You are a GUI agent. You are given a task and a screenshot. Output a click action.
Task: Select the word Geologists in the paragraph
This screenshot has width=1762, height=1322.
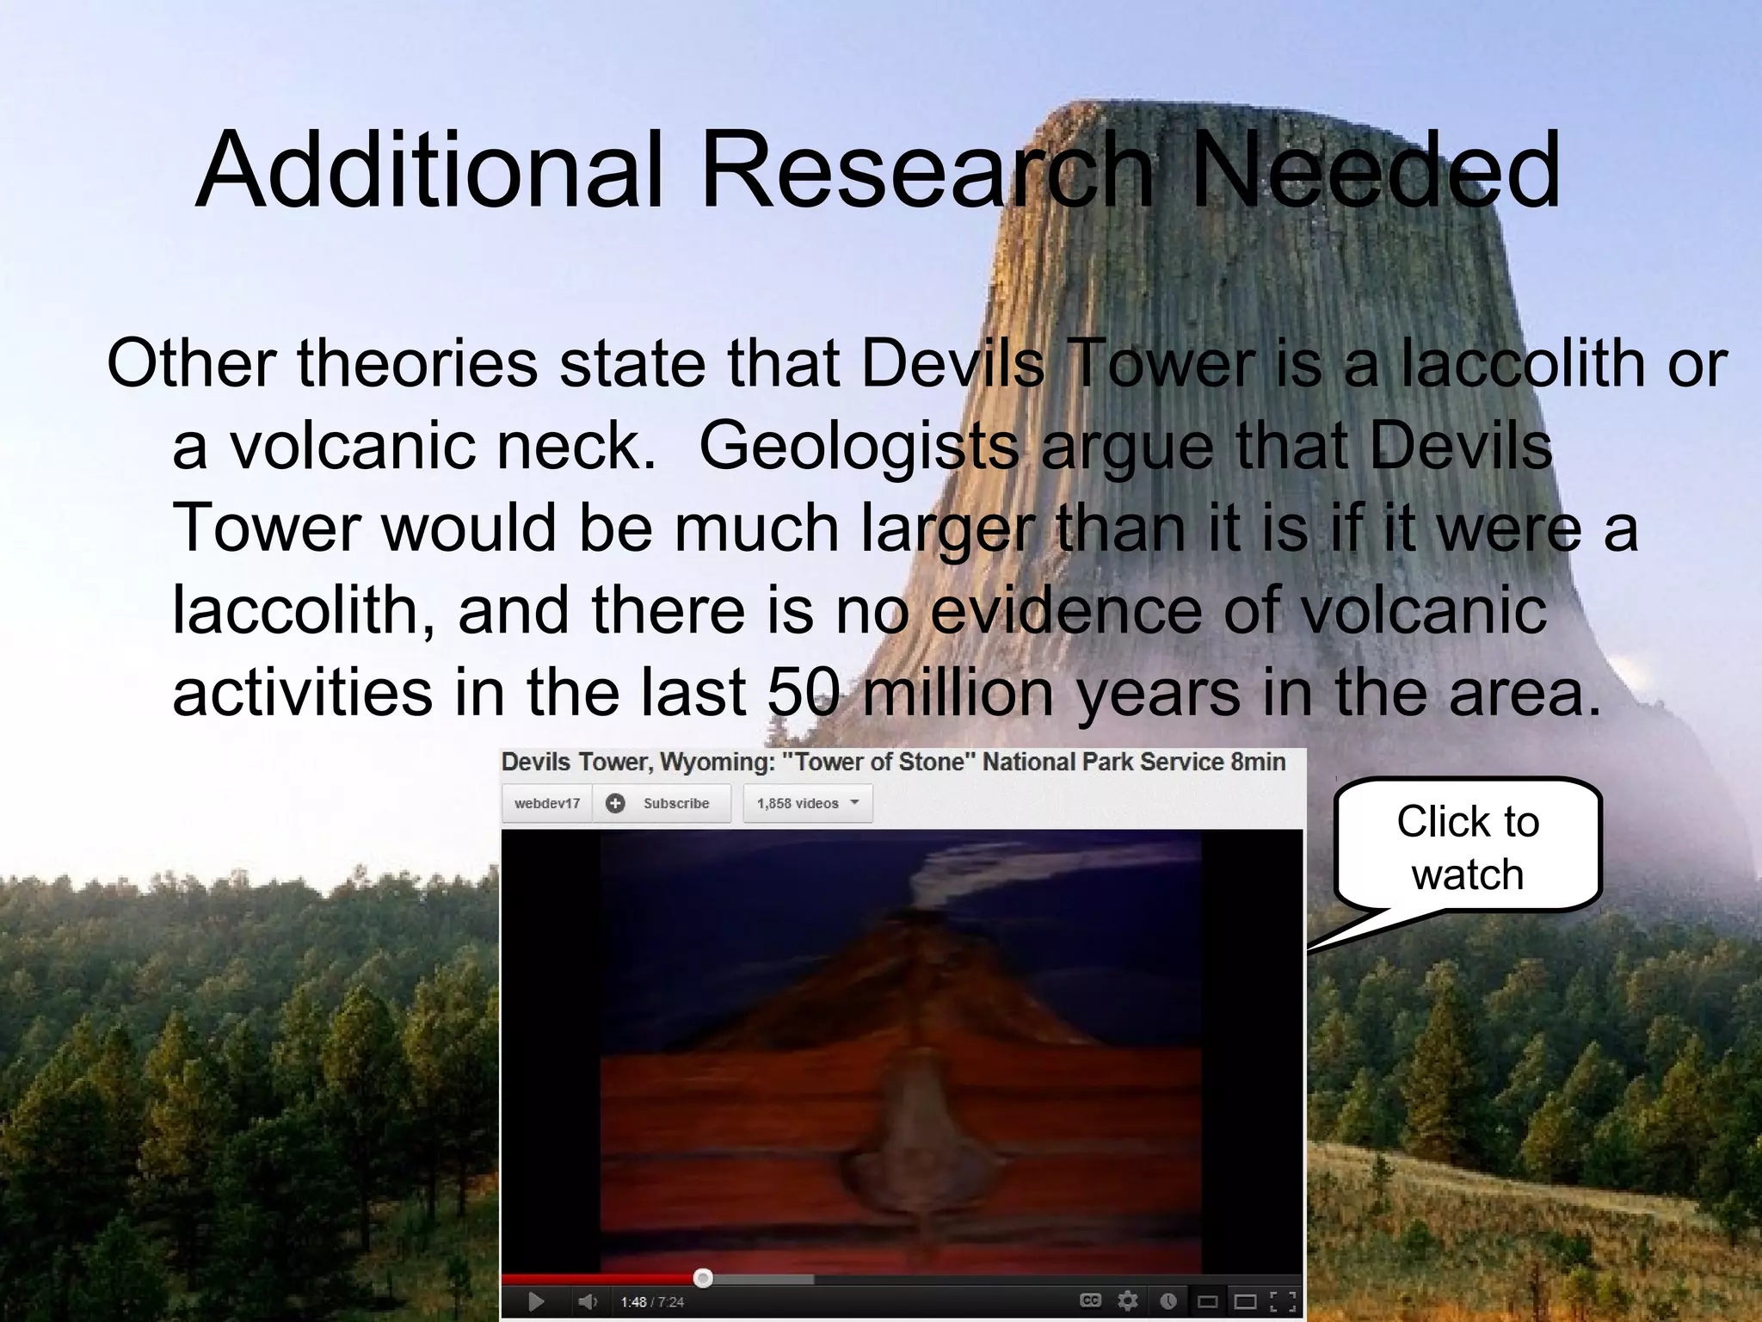[858, 446]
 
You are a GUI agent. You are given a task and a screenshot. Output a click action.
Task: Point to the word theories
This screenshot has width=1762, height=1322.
[417, 364]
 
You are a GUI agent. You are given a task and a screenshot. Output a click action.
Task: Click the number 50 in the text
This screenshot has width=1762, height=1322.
[802, 692]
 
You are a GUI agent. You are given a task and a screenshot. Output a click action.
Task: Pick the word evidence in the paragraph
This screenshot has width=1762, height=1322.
[1066, 610]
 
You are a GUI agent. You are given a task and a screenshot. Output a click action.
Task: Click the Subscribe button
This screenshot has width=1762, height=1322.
[661, 803]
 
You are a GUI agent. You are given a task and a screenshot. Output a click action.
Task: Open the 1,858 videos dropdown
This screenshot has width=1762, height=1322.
[807, 803]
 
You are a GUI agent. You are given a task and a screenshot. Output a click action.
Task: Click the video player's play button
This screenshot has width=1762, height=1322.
[535, 1301]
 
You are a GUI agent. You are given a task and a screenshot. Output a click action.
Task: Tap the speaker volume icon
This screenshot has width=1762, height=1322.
[588, 1301]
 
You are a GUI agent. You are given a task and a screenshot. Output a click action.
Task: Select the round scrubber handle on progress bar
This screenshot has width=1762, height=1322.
[703, 1278]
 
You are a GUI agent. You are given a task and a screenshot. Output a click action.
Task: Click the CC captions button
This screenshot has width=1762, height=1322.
[1090, 1300]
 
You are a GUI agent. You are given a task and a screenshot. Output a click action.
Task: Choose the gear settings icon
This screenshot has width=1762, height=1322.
[1127, 1300]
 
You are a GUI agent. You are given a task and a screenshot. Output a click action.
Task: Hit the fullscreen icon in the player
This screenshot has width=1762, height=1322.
[1282, 1301]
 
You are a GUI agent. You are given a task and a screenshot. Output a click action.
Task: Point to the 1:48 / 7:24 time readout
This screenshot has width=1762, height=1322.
[652, 1302]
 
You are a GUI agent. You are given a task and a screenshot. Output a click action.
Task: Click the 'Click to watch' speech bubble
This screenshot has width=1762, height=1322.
[1467, 847]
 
